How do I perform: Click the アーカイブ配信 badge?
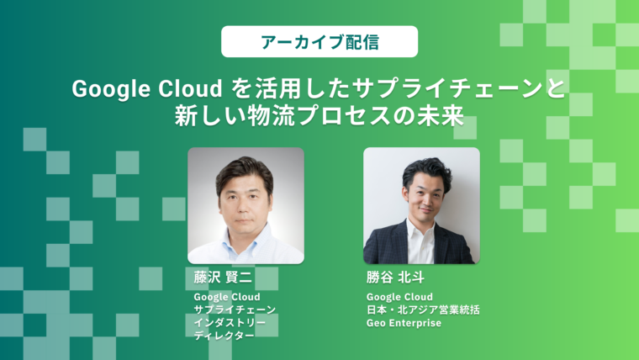(319, 41)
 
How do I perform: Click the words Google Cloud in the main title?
(147, 89)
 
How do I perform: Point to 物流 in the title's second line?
(267, 116)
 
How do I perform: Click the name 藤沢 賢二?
(223, 278)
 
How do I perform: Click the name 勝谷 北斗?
(395, 278)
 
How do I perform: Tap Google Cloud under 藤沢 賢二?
(226, 297)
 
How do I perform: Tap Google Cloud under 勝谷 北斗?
(399, 297)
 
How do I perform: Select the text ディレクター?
(224, 336)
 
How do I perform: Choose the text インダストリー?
(230, 323)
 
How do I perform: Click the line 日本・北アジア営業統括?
(423, 310)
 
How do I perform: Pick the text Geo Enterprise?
(404, 323)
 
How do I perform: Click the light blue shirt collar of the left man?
(245, 236)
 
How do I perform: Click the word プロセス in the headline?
(341, 116)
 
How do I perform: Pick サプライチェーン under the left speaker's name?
(235, 310)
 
